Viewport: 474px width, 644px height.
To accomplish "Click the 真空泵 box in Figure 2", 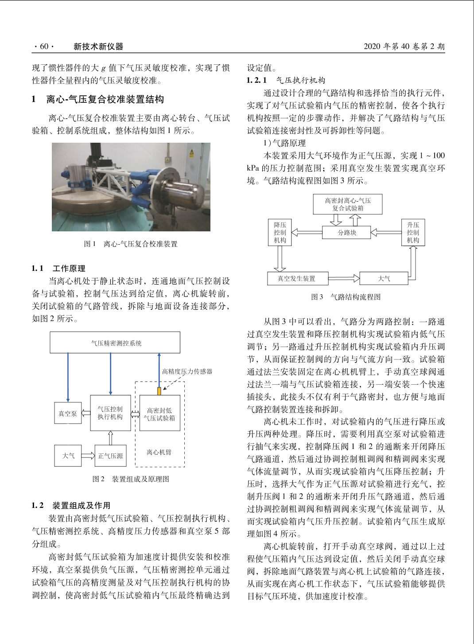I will click(68, 413).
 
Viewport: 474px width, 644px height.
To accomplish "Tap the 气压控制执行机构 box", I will click(110, 413).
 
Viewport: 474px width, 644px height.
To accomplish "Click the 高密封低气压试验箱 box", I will click(159, 414).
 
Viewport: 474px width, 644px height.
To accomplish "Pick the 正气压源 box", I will click(110, 456).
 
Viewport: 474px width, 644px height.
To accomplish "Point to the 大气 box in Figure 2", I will click(68, 456).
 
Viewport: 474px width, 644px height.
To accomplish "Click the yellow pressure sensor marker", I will click(159, 391).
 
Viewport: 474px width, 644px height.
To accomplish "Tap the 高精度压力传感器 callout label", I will click(187, 371).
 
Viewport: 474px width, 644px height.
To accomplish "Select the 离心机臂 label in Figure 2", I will click(159, 452).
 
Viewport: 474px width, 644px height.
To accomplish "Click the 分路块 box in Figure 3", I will click(347, 232).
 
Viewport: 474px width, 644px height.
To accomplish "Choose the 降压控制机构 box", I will click(280, 232).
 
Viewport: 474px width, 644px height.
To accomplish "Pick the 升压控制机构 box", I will click(413, 232).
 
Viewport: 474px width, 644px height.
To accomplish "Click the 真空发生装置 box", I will click(296, 278).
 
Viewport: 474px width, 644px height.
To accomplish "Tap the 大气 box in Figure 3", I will click(384, 278).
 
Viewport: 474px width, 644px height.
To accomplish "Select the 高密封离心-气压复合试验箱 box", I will click(348, 204).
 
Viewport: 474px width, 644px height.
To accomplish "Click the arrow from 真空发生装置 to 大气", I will click(344, 278).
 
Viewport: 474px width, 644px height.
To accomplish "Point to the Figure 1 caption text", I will click(131, 244).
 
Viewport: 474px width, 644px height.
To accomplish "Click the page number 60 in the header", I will click(44, 47).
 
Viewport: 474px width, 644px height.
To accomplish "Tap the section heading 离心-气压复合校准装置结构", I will click(105, 99).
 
